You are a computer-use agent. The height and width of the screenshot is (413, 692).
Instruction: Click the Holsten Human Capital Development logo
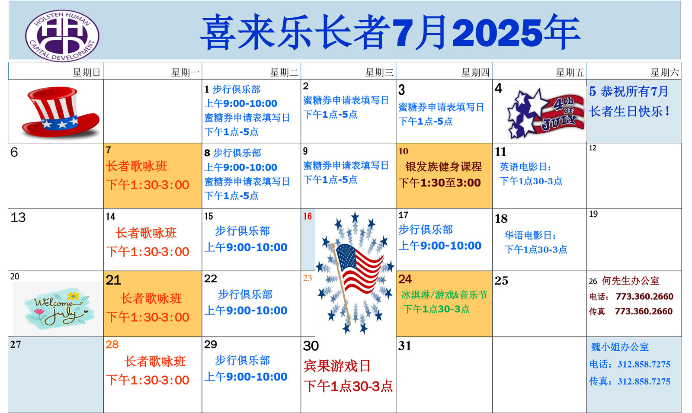pyautogui.click(x=62, y=35)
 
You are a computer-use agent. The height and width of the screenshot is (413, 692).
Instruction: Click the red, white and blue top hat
pyautogui.click(x=61, y=112)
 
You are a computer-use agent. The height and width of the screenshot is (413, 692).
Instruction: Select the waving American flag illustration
pyautogui.click(x=355, y=272)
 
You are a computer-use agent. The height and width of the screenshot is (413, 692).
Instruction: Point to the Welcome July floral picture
pyautogui.click(x=58, y=309)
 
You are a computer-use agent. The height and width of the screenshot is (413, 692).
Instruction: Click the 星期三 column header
pyautogui.click(x=379, y=73)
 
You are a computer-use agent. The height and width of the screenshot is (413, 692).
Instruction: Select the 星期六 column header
pyautogui.click(x=665, y=73)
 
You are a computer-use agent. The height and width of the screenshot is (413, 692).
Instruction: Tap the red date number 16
pyautogui.click(x=308, y=216)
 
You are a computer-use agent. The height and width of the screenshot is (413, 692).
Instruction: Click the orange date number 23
pyautogui.click(x=308, y=278)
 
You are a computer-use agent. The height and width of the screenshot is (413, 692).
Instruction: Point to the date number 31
pyautogui.click(x=405, y=346)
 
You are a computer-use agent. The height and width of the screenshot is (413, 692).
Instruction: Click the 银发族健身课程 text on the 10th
pyautogui.click(x=443, y=167)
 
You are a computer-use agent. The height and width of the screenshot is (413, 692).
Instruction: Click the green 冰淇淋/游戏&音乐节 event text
pyautogui.click(x=444, y=295)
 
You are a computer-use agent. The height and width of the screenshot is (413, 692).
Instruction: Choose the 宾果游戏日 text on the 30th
pyautogui.click(x=337, y=366)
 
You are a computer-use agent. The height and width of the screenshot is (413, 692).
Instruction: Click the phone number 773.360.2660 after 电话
pyautogui.click(x=644, y=297)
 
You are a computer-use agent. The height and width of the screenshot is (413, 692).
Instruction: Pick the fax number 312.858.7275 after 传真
pyautogui.click(x=644, y=381)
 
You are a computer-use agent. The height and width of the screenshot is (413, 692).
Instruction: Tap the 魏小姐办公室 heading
pyautogui.click(x=620, y=347)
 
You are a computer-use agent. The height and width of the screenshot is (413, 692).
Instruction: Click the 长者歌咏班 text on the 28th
pyautogui.click(x=155, y=362)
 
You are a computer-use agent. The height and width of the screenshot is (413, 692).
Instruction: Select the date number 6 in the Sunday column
pyautogui.click(x=14, y=152)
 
